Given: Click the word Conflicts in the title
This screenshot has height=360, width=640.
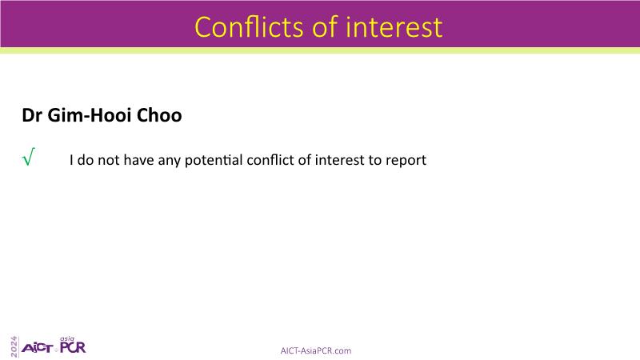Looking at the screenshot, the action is tap(250, 27).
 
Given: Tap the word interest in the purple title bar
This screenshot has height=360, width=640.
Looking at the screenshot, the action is tap(394, 27).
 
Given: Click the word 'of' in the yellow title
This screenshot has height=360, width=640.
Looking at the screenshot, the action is tap(325, 27).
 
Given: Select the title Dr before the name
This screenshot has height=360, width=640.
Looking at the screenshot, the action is tap(32, 115).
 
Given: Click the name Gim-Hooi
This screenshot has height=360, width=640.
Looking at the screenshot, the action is tap(90, 116).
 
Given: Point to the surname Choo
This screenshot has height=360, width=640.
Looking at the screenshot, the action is tap(159, 115).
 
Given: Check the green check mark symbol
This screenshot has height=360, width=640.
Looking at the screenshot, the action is tap(29, 157).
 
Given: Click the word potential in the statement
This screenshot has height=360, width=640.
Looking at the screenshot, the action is tap(214, 160).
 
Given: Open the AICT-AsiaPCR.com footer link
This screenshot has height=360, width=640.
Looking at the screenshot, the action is tap(315, 350).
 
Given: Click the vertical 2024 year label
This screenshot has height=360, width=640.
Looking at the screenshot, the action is tap(14, 347).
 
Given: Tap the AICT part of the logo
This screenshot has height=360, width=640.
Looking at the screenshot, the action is tap(37, 348).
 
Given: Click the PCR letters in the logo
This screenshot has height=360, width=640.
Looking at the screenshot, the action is tap(73, 347).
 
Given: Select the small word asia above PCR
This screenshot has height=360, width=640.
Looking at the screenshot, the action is tap(67, 338).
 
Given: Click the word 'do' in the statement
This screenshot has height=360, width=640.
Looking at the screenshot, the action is tap(86, 159).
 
